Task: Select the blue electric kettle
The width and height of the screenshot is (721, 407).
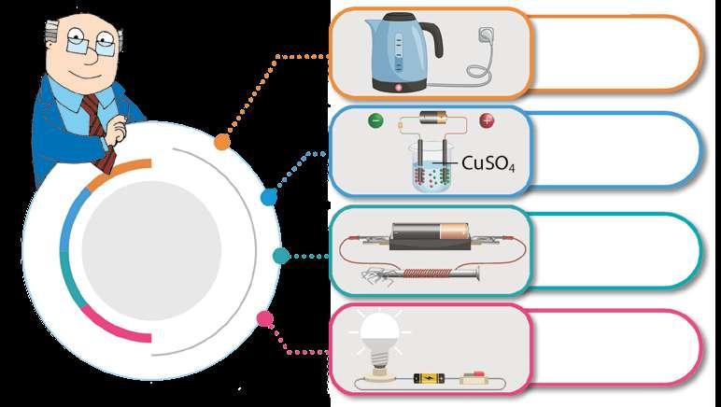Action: [396, 54]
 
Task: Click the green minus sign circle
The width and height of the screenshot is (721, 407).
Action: [375, 120]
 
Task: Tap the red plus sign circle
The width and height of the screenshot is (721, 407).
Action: [486, 120]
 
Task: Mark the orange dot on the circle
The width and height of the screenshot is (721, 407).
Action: [222, 142]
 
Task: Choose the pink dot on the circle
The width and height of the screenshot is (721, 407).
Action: [265, 319]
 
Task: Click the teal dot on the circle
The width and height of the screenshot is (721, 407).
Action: [280, 255]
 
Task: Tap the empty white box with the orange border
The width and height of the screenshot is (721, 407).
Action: [616, 52]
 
